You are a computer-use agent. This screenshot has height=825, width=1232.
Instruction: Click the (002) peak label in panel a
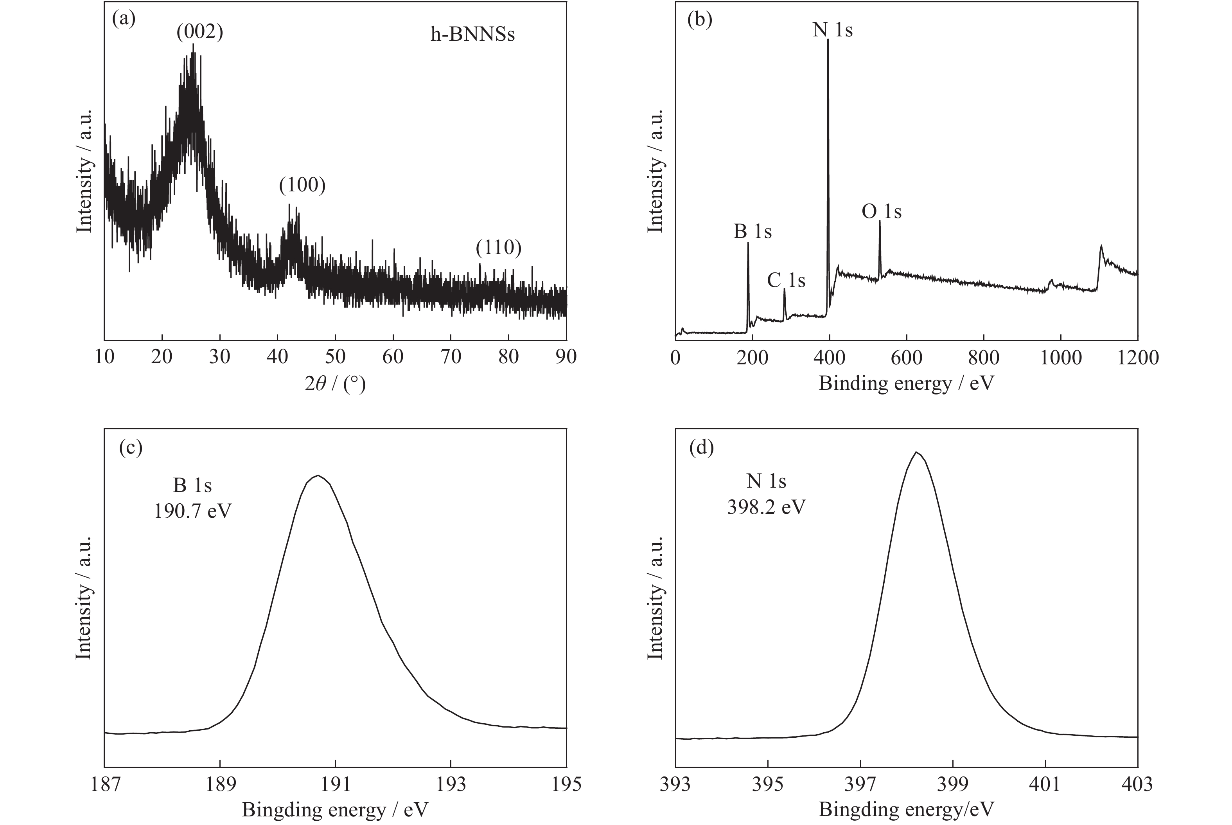point(200,32)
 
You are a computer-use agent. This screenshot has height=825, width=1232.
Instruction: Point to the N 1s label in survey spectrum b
point(832,30)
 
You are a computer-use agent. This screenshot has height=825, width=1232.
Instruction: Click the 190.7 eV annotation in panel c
point(192,510)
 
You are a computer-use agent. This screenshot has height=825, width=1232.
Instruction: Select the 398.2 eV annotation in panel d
point(766,507)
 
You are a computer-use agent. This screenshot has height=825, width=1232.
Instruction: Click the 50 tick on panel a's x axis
point(335,357)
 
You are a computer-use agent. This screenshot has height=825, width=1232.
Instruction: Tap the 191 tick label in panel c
point(335,784)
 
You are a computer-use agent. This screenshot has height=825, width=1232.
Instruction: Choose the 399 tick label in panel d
point(953,784)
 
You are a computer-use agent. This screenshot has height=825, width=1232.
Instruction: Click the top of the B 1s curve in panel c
point(318,475)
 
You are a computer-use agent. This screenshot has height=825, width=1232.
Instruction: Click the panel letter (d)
point(701,448)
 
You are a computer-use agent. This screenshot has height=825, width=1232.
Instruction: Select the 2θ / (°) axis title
point(335,384)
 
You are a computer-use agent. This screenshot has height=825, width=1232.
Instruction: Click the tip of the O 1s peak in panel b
point(880,221)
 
